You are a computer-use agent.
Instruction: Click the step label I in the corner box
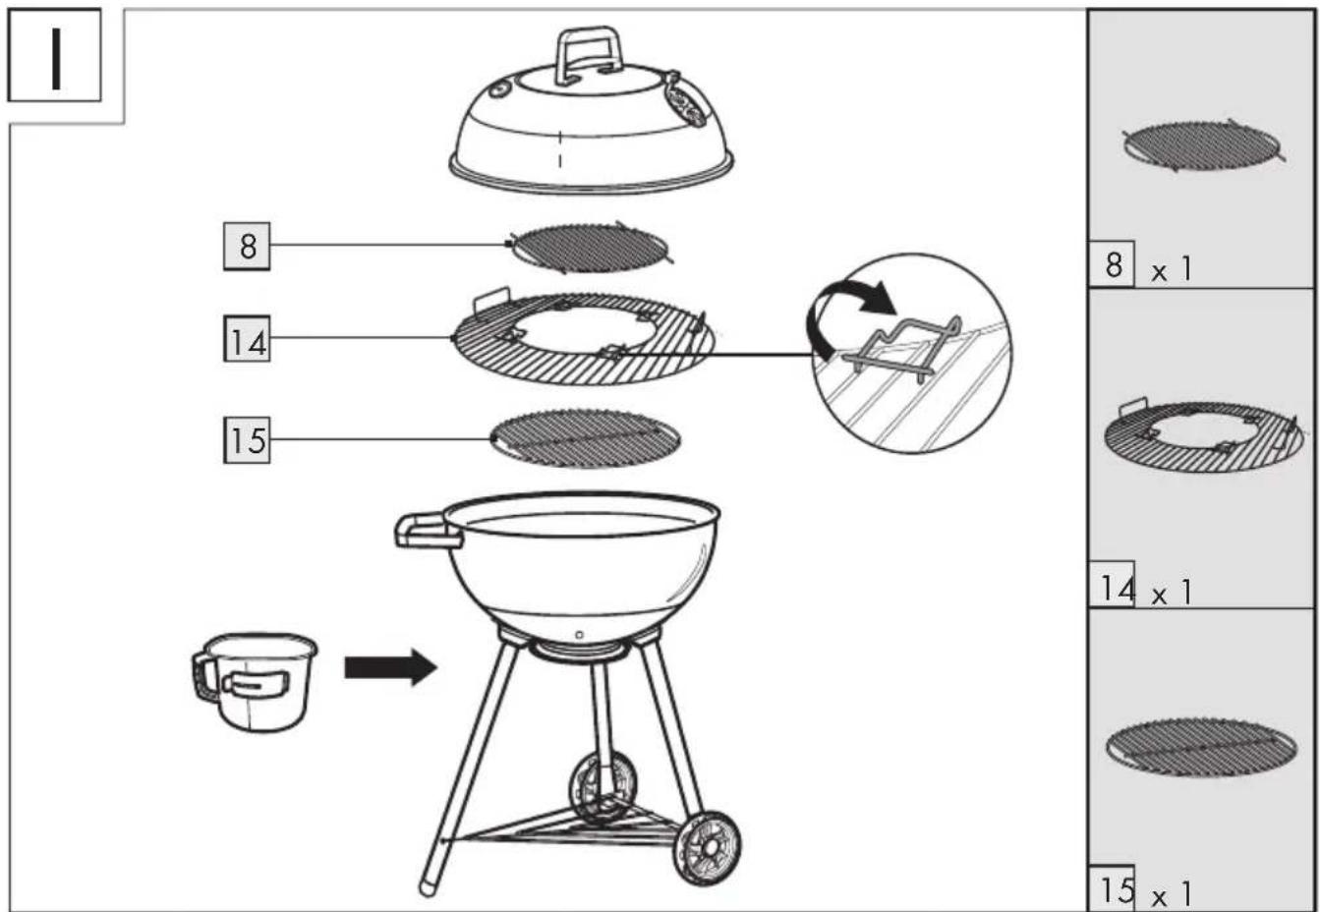tap(56, 58)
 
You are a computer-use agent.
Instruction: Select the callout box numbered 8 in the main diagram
tap(247, 247)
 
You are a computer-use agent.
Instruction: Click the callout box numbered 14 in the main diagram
tap(247, 339)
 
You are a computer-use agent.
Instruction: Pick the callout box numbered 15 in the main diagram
tap(247, 439)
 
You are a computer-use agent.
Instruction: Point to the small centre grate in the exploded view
tap(590, 248)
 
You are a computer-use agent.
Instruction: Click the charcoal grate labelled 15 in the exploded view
tap(585, 438)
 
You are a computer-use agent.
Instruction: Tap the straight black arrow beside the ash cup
tap(391, 667)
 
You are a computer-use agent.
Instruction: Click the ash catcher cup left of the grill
tap(254, 681)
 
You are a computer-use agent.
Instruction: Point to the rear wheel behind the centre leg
tap(603, 788)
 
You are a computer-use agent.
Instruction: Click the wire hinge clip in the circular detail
tap(901, 351)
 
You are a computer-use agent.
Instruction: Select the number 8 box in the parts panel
tap(1111, 264)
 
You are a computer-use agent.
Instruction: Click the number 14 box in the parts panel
tap(1111, 584)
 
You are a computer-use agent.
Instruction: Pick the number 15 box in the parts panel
tap(1111, 887)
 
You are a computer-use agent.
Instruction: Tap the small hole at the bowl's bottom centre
tap(579, 635)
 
